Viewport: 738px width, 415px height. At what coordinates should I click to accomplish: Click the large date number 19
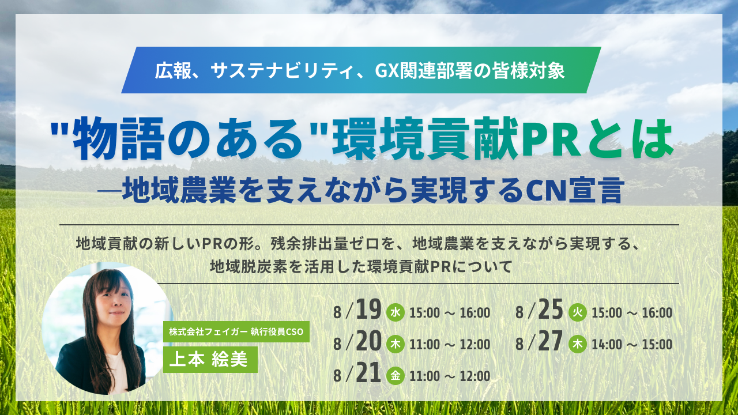[x=368, y=310]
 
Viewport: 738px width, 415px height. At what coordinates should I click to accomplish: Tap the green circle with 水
[x=396, y=312]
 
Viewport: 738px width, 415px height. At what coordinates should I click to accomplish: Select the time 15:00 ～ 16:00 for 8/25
[x=632, y=313]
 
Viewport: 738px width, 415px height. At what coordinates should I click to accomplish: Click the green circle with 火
[x=578, y=312]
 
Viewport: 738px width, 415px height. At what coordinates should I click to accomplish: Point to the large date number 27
[x=551, y=341]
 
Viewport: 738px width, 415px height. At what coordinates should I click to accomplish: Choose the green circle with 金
[x=396, y=375]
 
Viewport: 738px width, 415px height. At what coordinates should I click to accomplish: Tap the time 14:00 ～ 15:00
[x=632, y=345]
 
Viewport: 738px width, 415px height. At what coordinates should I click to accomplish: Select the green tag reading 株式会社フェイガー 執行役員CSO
[x=236, y=331]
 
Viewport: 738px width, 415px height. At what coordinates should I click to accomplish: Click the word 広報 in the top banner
[x=174, y=71]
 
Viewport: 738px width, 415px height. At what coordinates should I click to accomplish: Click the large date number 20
[x=368, y=341]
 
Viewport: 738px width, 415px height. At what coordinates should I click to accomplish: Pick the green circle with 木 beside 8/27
[x=578, y=344]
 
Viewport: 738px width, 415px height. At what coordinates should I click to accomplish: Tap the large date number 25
[x=551, y=310]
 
